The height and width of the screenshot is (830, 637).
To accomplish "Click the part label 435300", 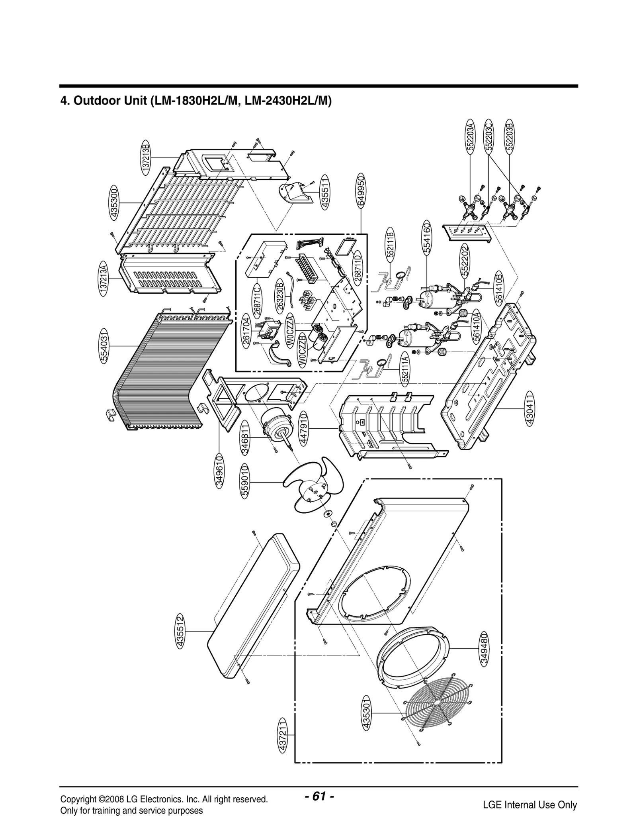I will pos(115,203).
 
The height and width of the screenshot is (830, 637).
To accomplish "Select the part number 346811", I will pos(245,437).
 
